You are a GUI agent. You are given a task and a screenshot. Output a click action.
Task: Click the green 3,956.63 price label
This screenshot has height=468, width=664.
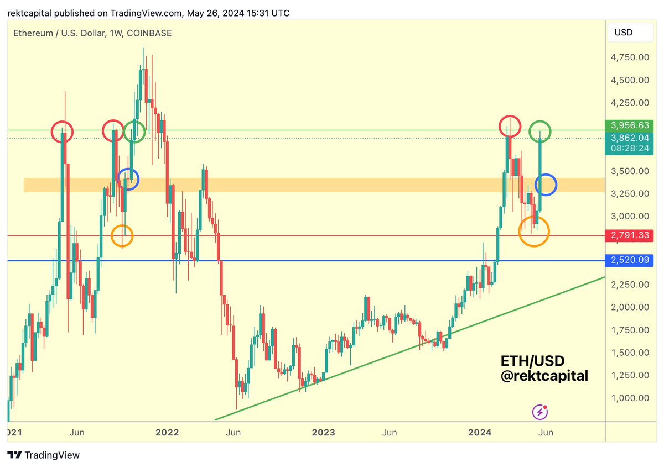click(x=630, y=125)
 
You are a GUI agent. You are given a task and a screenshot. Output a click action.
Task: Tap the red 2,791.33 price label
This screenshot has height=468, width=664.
click(x=630, y=236)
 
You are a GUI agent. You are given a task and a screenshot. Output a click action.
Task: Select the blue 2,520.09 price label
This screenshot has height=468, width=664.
click(x=630, y=260)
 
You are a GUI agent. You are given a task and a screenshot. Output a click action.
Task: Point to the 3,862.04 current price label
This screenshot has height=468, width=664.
click(x=630, y=138)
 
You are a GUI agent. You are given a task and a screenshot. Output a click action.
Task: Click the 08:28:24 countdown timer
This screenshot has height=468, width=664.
click(x=630, y=148)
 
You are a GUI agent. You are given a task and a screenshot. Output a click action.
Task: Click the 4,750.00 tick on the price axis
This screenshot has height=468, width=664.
click(x=630, y=57)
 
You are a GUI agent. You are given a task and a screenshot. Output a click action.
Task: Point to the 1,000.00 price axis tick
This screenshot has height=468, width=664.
click(x=630, y=398)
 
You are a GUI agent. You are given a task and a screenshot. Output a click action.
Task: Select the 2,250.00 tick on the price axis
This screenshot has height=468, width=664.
click(x=630, y=284)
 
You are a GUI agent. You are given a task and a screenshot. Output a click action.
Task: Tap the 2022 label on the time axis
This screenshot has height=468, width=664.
click(x=167, y=432)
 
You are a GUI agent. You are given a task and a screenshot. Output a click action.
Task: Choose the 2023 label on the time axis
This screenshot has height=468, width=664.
click(x=323, y=432)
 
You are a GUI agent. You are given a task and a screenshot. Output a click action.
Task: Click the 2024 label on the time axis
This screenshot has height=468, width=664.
click(x=480, y=432)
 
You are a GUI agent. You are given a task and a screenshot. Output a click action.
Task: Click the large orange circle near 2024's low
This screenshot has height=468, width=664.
click(x=534, y=231)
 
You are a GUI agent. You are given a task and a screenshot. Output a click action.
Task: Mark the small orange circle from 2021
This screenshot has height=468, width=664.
click(x=122, y=236)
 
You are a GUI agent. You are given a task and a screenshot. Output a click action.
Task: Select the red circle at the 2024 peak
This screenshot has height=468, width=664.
click(x=510, y=127)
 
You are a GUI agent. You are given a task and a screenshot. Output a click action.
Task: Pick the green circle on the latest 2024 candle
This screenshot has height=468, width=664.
click(x=539, y=132)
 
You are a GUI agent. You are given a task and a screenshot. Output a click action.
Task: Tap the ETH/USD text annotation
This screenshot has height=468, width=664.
click(x=532, y=361)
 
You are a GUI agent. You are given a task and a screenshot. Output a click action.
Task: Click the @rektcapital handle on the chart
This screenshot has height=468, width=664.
click(x=544, y=376)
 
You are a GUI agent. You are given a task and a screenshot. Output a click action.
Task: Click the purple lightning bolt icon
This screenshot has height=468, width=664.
click(x=540, y=412)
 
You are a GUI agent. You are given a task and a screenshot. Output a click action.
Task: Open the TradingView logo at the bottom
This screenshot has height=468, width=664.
click(x=44, y=455)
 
